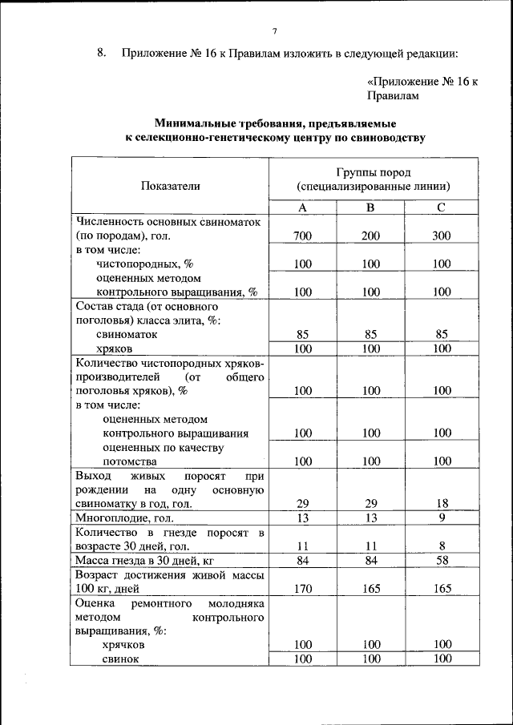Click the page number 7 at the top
point(273,31)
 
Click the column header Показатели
point(171,186)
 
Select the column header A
point(303,208)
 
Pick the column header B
point(370,208)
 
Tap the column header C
point(441,208)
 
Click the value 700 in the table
point(302,236)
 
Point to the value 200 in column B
point(370,236)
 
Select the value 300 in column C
point(441,236)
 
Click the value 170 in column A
point(302,589)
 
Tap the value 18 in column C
point(442,504)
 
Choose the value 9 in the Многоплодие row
point(442,518)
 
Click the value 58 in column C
point(442,560)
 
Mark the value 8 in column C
point(442,546)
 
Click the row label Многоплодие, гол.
point(124,518)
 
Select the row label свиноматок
point(127,335)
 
